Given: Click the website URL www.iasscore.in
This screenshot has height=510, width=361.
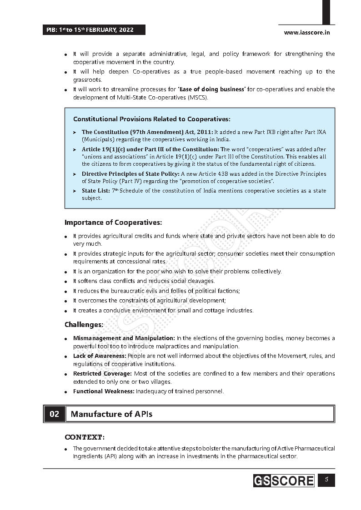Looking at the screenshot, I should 306,32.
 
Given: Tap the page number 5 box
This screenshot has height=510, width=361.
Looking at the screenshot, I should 326,480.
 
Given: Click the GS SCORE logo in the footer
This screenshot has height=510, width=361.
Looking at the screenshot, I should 284,480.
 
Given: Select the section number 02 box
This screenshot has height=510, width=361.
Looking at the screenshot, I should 54,414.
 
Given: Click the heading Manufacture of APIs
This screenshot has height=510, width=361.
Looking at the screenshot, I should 112,414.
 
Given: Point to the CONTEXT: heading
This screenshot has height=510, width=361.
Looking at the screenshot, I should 85,437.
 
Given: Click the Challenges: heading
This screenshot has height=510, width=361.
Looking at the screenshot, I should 84,325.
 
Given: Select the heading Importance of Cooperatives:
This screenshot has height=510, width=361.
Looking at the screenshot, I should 113,223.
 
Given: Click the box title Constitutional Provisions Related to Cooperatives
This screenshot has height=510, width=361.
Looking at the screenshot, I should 152,119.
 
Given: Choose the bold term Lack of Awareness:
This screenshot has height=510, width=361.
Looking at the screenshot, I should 100,356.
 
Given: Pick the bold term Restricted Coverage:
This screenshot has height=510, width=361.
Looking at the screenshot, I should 102,374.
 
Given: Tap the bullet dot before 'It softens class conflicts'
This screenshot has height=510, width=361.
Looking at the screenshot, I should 66,282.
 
